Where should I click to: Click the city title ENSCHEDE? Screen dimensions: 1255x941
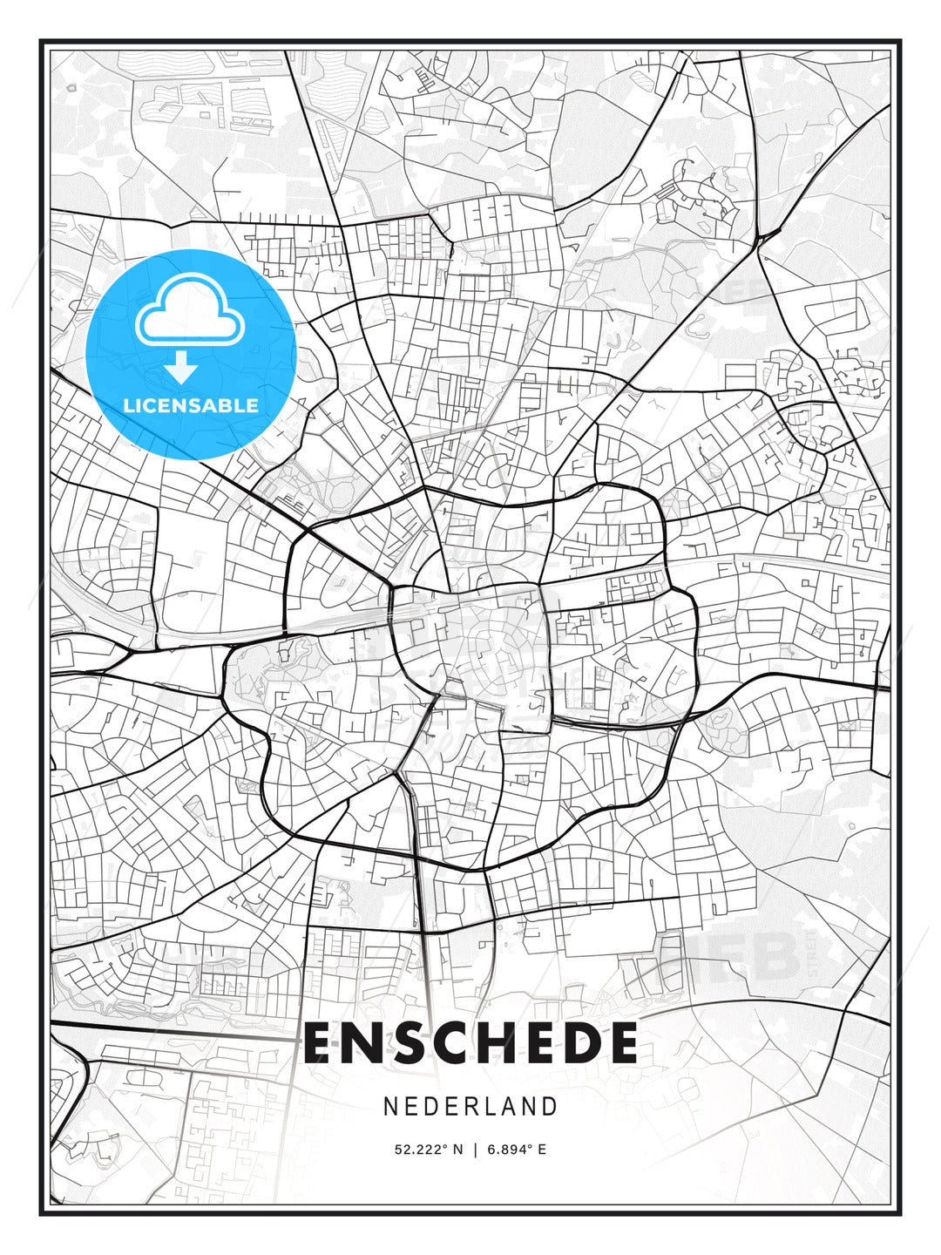[470, 1043]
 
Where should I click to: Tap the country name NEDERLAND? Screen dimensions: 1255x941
[470, 1106]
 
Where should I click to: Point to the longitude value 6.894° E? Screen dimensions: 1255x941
[517, 1150]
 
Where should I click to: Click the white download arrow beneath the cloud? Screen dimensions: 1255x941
[182, 367]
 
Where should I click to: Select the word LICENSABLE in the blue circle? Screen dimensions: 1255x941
[191, 405]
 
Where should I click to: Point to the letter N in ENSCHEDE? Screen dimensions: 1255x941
[364, 1043]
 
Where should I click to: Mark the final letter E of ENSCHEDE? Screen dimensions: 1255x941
[621, 1043]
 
